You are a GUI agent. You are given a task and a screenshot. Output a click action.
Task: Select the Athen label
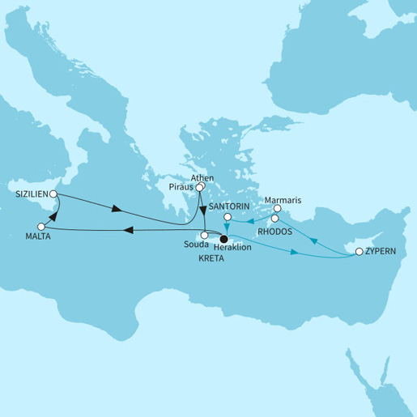(x=201, y=177)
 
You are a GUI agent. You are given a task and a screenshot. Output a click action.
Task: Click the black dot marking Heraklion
(x=224, y=238)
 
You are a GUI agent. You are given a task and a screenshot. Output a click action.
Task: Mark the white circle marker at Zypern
(x=359, y=253)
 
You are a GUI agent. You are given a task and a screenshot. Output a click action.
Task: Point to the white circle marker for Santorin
(x=228, y=217)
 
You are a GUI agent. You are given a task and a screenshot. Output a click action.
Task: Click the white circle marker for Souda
(x=205, y=236)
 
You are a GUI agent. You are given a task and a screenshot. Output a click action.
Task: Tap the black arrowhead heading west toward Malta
(x=127, y=232)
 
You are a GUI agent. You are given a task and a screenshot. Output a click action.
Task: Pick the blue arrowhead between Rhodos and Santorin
(x=249, y=220)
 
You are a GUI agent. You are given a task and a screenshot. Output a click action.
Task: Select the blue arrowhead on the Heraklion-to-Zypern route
(x=295, y=253)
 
